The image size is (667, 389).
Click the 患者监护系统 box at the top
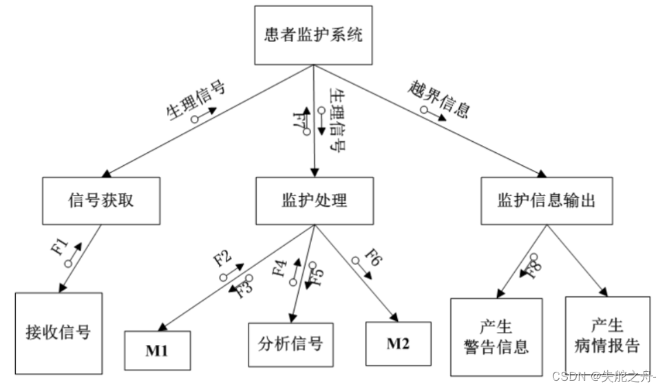(313, 35)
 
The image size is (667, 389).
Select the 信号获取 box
(100, 201)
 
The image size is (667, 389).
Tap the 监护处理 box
(315, 201)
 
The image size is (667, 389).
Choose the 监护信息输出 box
(546, 201)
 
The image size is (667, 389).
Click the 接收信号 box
(59, 333)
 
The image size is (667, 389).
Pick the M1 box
(158, 350)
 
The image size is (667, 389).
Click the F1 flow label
(61, 246)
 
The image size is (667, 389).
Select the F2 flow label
(222, 259)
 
